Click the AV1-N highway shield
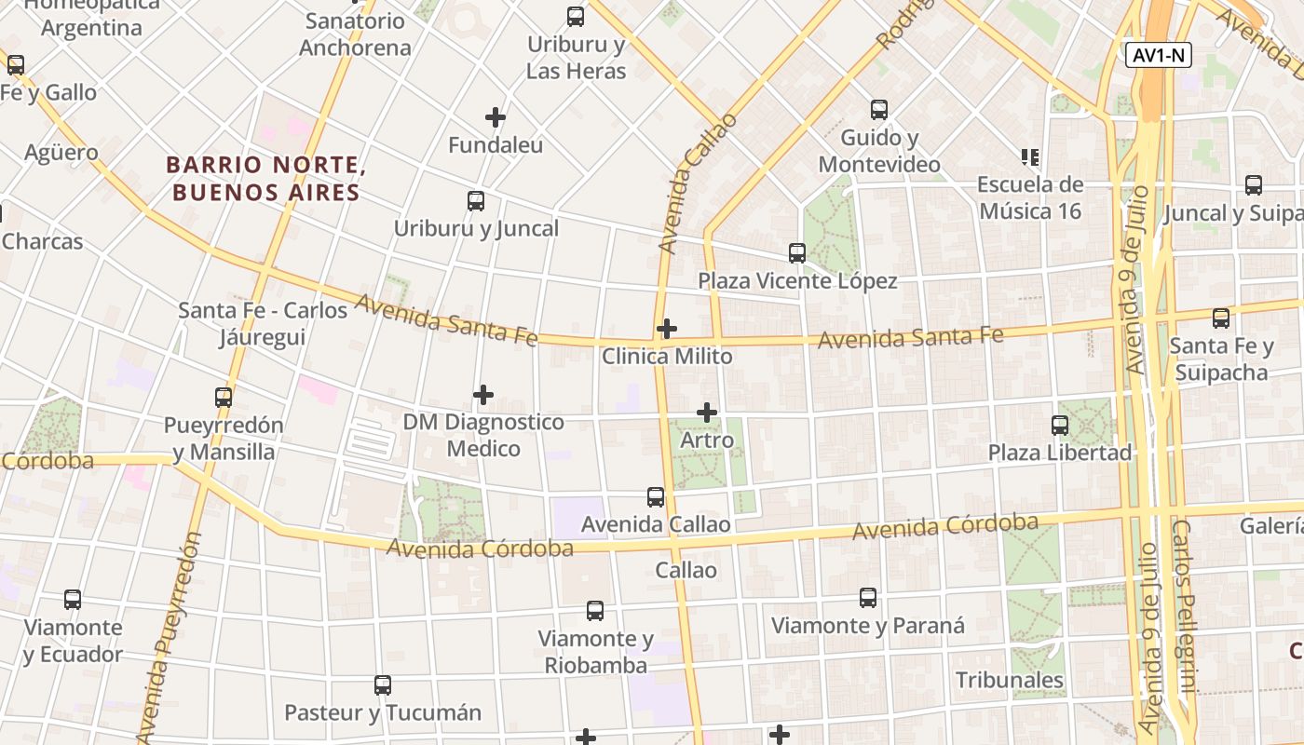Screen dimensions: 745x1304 (1159, 55)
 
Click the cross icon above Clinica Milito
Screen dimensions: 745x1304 (667, 329)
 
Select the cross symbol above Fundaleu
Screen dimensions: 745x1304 (496, 117)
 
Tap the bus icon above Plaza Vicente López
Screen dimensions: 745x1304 (797, 252)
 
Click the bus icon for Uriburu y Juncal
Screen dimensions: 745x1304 (476, 200)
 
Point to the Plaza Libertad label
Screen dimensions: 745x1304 (1060, 453)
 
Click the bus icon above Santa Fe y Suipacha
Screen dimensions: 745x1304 (1221, 318)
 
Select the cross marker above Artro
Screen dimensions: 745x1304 (707, 412)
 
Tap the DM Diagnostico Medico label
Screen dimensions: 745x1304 (483, 435)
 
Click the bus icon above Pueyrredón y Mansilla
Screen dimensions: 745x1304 (224, 398)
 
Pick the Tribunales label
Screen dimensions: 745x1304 (1010, 680)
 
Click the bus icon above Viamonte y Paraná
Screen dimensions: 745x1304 (868, 598)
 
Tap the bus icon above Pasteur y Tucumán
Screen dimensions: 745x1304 (383, 685)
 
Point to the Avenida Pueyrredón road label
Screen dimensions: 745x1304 (169, 637)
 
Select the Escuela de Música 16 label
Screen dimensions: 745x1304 (1030, 197)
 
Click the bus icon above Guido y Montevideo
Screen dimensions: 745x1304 (879, 110)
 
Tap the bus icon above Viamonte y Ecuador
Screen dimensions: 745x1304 (73, 600)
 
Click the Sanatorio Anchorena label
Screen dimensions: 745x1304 (355, 34)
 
